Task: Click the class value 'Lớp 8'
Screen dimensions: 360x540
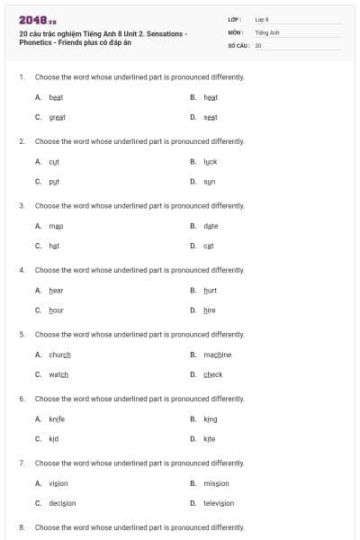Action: tap(262, 19)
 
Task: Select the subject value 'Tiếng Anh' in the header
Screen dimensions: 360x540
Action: tap(267, 31)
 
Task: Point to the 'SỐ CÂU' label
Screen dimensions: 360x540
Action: tap(236, 44)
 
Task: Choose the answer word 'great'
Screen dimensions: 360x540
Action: tap(57, 117)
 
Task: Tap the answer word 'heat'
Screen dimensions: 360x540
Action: tap(211, 96)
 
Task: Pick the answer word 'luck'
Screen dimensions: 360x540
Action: tap(211, 161)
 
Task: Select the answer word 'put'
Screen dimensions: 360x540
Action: tap(54, 182)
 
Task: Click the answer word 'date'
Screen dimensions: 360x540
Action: tap(211, 226)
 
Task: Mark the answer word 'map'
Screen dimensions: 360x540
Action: tap(56, 226)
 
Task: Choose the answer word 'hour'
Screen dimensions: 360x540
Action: tap(56, 310)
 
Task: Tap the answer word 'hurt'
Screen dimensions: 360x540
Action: tap(211, 290)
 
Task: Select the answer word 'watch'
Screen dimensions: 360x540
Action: tap(58, 375)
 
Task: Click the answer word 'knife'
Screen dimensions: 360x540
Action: tap(57, 418)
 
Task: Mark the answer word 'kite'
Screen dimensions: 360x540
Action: tap(210, 439)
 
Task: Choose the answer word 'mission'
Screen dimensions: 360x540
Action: tap(216, 483)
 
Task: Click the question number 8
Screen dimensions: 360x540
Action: tap(21, 527)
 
